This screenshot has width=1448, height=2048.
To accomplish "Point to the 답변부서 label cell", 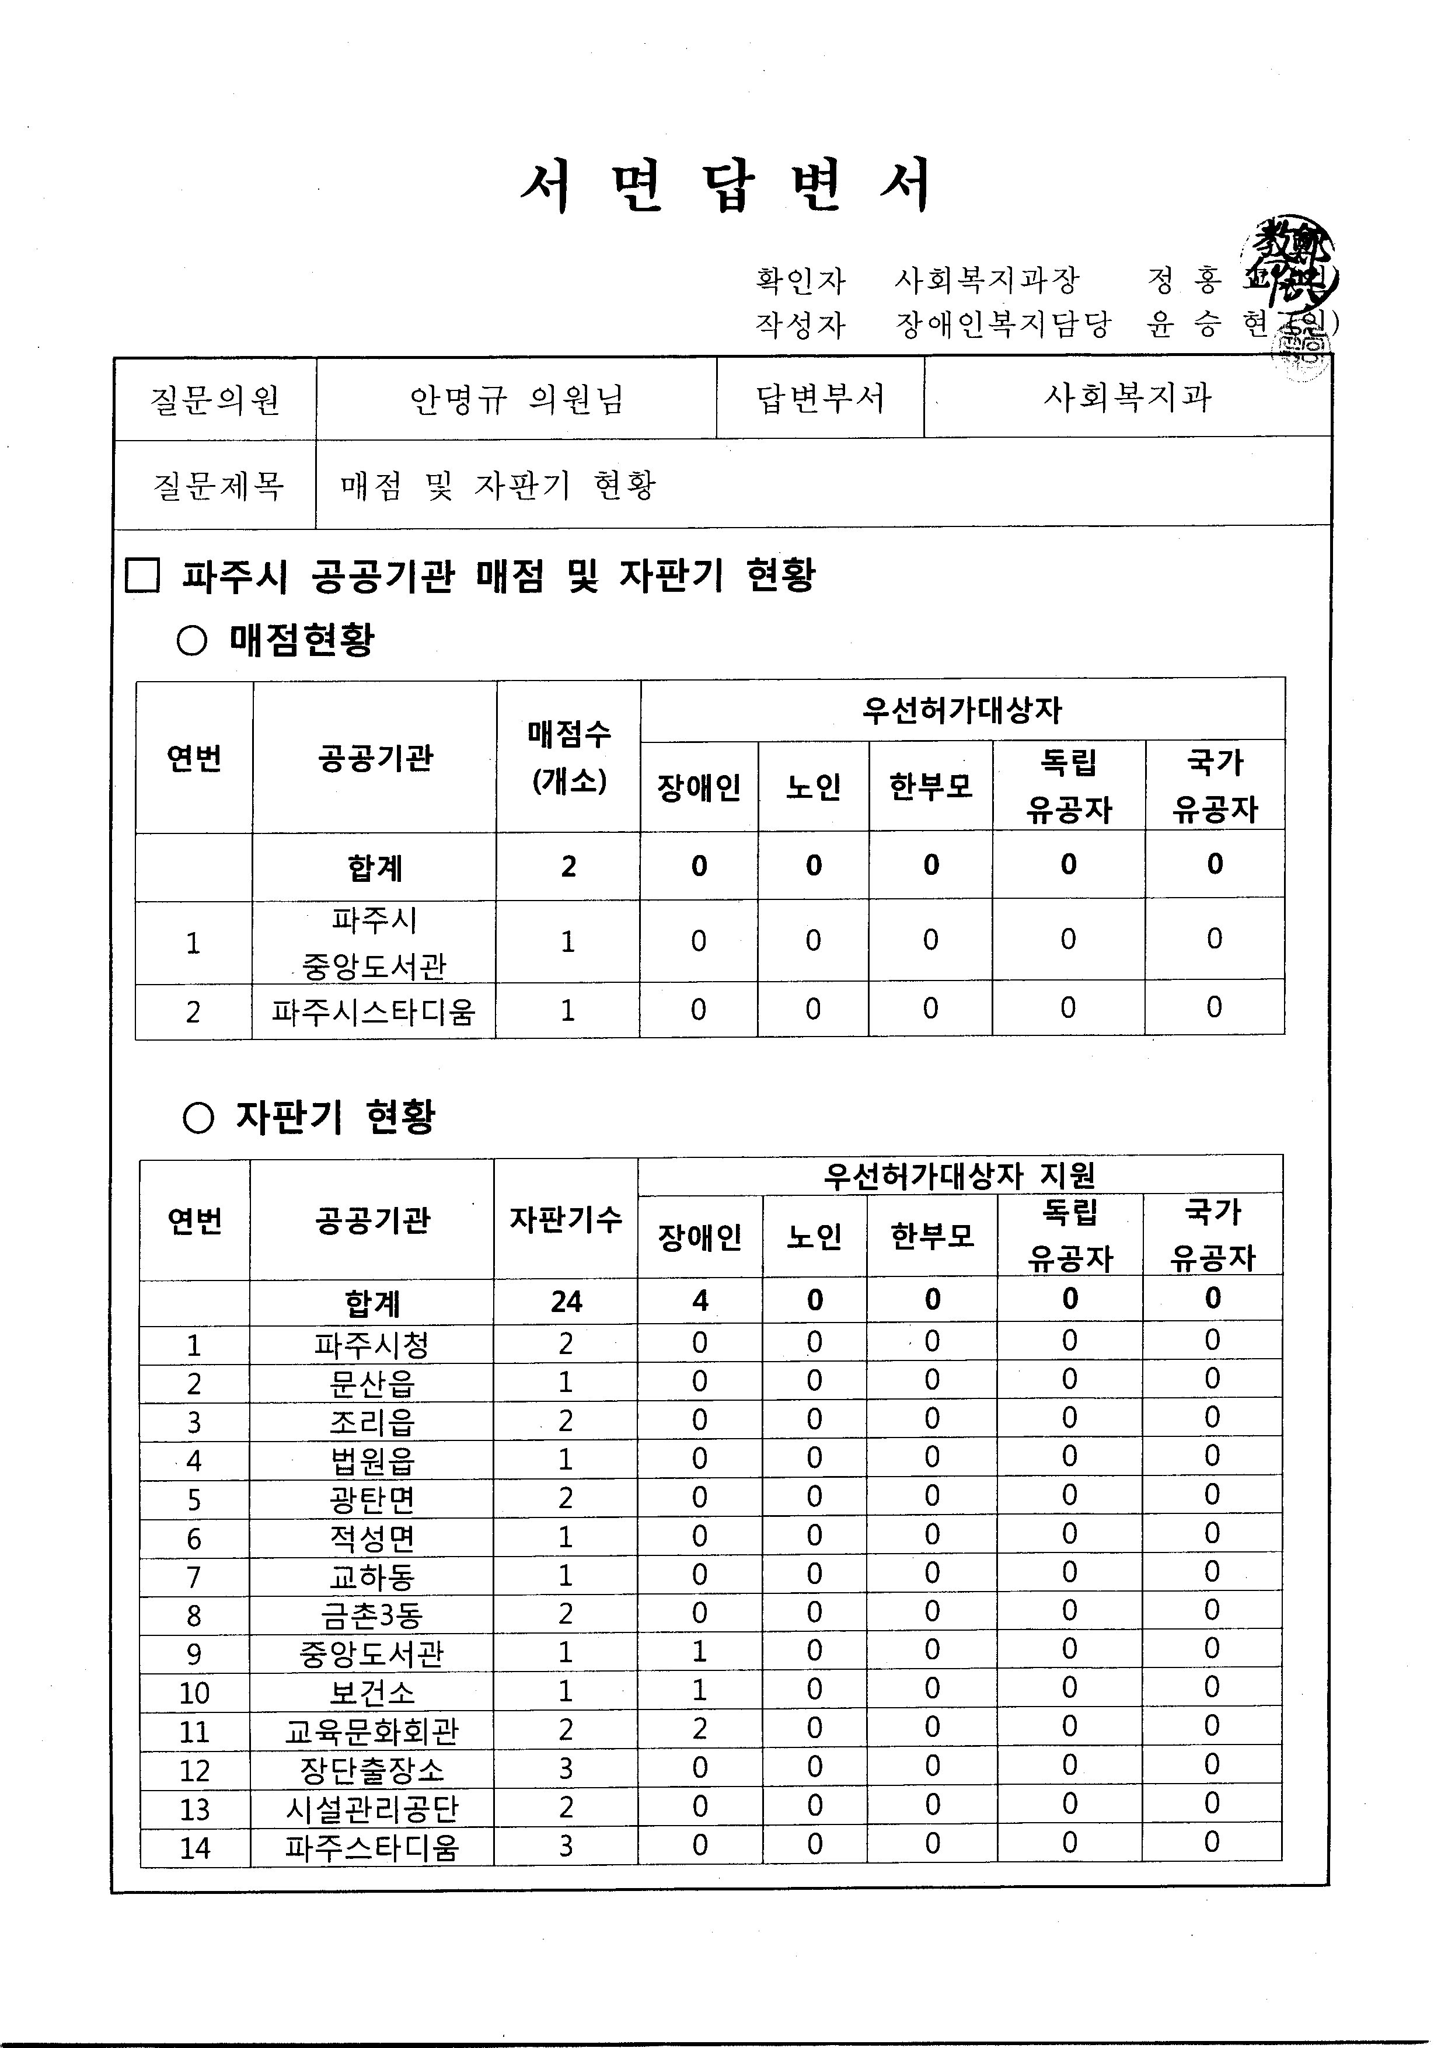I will pos(820,398).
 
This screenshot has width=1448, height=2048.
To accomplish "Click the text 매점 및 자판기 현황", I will pos(498,484).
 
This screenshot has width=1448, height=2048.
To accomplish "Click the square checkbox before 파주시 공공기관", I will pos(143,575).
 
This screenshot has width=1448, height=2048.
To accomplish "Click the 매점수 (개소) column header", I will pos(568,758).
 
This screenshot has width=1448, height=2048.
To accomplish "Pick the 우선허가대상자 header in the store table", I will pos(962,710).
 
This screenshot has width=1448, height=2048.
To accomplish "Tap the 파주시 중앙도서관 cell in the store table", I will pos(374,942).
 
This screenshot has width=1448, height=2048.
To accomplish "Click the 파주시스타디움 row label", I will pos(374,1011).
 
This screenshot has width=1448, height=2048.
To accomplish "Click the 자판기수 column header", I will pos(566,1219).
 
